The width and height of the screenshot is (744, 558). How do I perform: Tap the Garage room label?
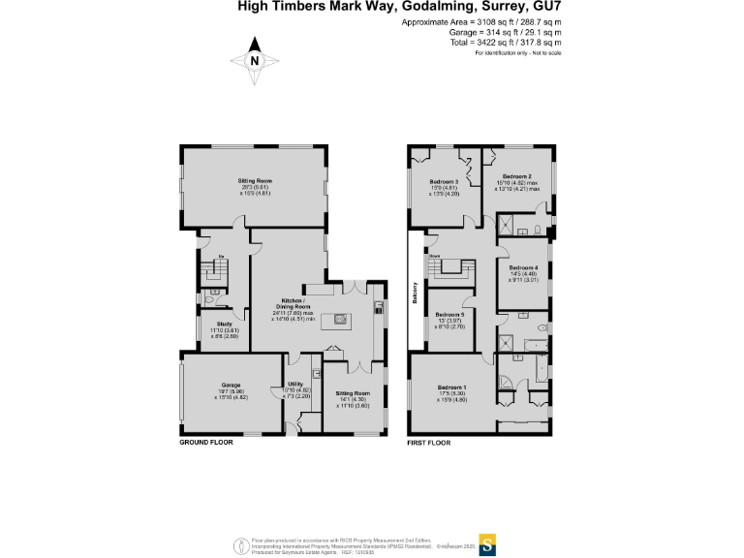[231, 385]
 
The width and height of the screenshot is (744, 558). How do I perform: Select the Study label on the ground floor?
[224, 324]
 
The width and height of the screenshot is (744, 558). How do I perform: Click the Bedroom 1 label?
[450, 388]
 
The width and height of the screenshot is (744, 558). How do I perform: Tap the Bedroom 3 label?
[445, 181]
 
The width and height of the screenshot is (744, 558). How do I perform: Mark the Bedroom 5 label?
[449, 315]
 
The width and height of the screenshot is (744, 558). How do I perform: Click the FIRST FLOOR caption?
[429, 442]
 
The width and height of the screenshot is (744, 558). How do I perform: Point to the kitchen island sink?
[341, 318]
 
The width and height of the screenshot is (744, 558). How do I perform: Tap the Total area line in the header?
[519, 43]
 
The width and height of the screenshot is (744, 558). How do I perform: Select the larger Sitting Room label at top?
[255, 181]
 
